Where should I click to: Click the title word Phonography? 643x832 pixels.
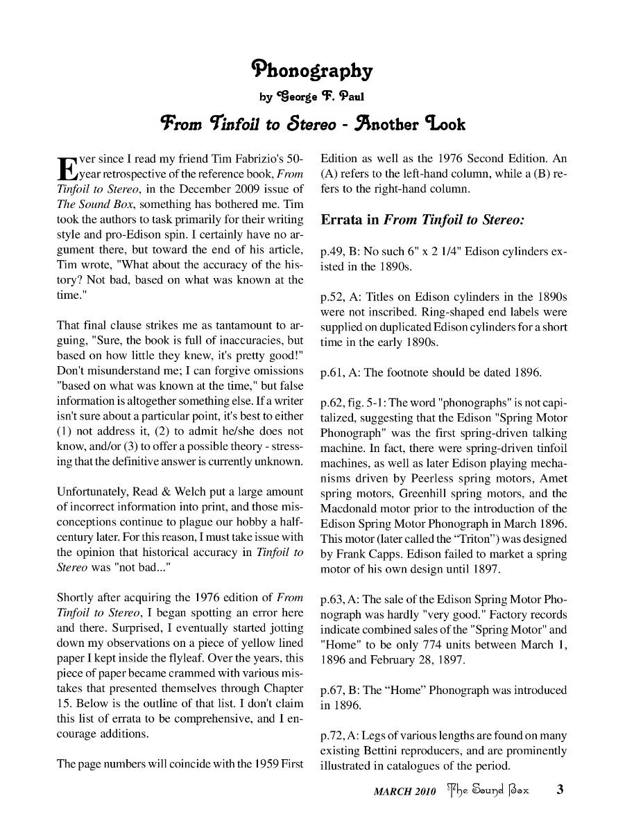[x=311, y=70]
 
